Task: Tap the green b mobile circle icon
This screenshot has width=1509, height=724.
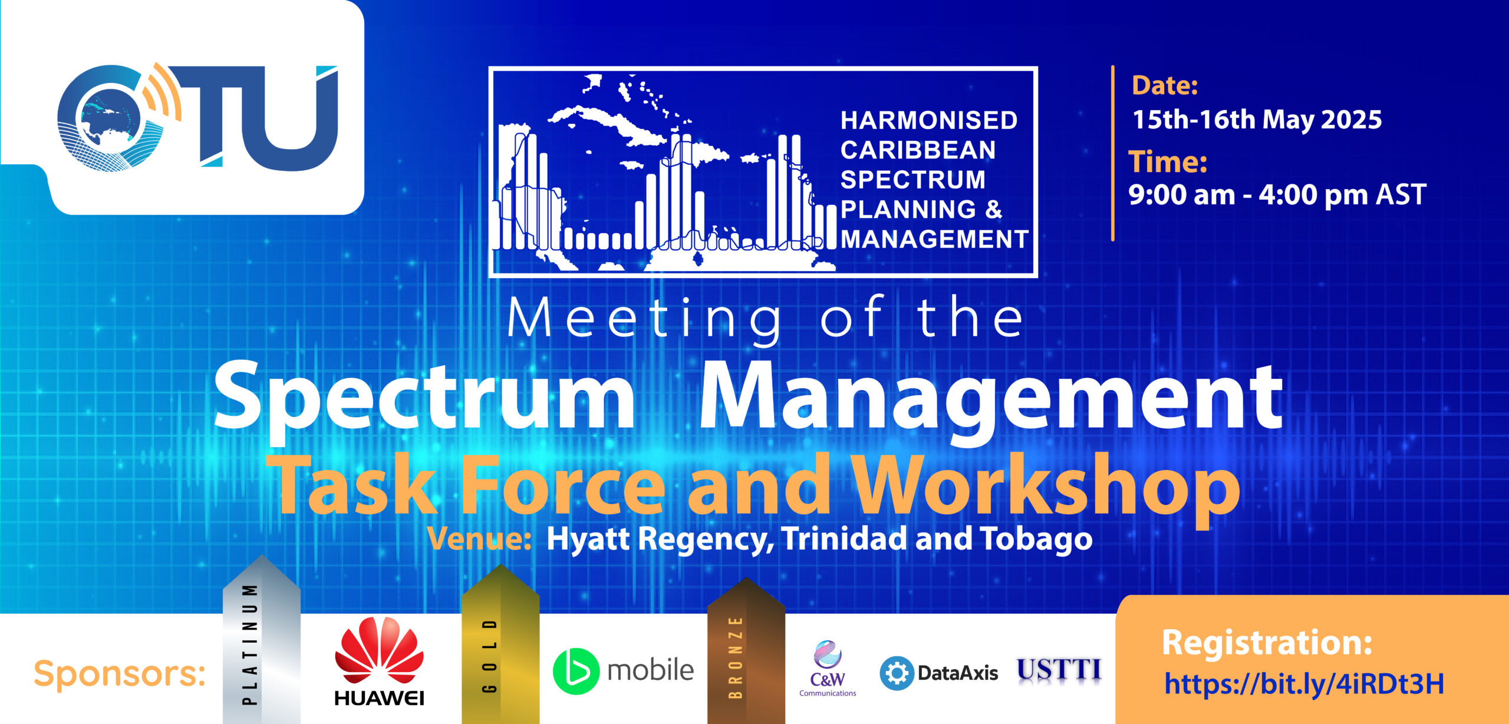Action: pyautogui.click(x=576, y=671)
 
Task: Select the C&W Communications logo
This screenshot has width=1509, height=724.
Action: pyautogui.click(x=828, y=669)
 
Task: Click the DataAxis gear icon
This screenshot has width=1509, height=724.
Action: pyautogui.click(x=897, y=673)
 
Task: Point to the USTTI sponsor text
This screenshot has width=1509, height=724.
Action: pyautogui.click(x=1059, y=670)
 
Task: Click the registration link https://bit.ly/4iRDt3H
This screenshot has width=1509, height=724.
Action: pyautogui.click(x=1304, y=684)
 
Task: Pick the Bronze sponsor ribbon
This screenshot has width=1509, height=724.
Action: pyautogui.click(x=746, y=650)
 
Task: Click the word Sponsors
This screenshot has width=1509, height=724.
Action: pyautogui.click(x=120, y=673)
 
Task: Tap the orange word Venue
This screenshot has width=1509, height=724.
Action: pyautogui.click(x=480, y=538)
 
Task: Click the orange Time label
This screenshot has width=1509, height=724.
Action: pyautogui.click(x=1168, y=161)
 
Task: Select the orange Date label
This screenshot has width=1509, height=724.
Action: pyautogui.click(x=1165, y=86)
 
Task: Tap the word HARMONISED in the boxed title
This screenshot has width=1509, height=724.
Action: pyautogui.click(x=929, y=120)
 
